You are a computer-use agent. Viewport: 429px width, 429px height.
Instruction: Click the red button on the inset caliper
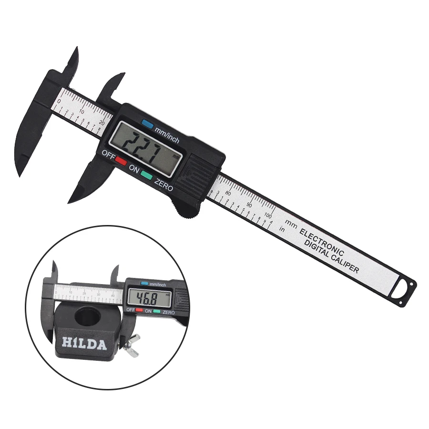pos(140,310)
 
